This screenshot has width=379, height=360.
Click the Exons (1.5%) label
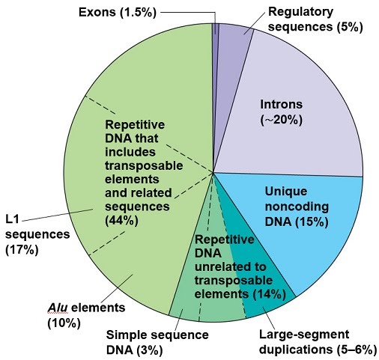[x=118, y=12]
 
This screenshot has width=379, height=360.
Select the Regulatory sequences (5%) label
[x=315, y=19]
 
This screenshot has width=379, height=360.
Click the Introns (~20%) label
[x=282, y=112]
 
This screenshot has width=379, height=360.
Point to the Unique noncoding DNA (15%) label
[x=297, y=207]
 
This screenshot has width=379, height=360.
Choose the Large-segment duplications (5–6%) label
[x=318, y=342]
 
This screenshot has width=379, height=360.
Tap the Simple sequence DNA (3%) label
[x=157, y=343]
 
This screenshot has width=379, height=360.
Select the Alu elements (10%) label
[x=86, y=315]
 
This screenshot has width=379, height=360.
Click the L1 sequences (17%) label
[x=37, y=235]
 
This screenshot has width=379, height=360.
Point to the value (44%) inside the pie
[x=121, y=221]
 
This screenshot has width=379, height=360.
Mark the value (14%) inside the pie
[x=269, y=294]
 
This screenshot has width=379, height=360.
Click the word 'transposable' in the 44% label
[x=144, y=166]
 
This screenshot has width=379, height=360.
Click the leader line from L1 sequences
[x=58, y=215]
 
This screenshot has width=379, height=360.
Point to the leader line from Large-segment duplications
[x=269, y=317]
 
